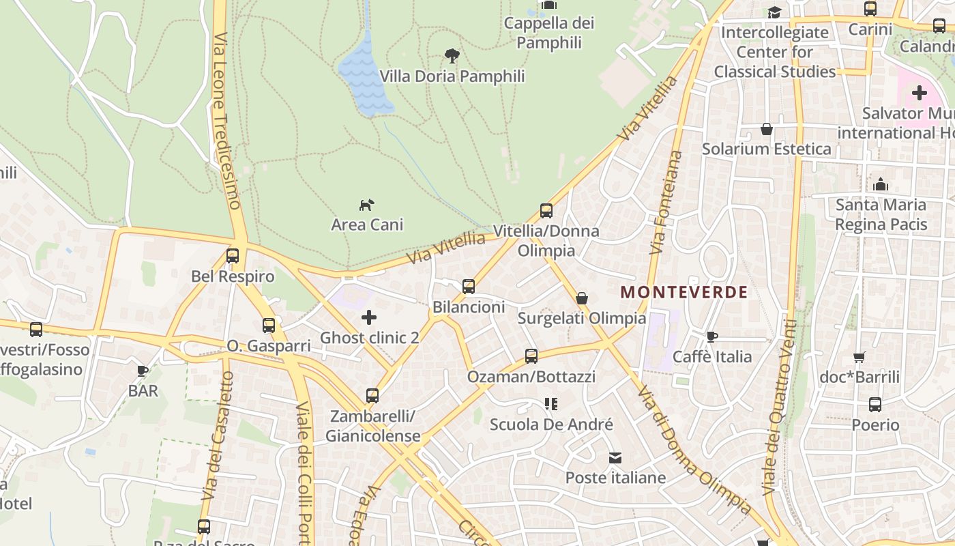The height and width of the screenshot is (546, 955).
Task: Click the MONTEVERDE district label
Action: pyautogui.click(x=684, y=293)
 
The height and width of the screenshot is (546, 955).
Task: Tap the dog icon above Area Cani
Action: pyautogui.click(x=367, y=204)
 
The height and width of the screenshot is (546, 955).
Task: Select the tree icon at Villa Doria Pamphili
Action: pyautogui.click(x=452, y=55)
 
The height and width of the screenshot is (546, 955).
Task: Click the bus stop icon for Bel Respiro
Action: pyautogui.click(x=233, y=256)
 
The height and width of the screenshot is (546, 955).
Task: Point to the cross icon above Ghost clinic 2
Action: pyautogui.click(x=369, y=317)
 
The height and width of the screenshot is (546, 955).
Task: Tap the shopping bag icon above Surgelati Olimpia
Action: pyautogui.click(x=582, y=298)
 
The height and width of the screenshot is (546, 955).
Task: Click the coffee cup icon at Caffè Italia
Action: pyautogui.click(x=712, y=336)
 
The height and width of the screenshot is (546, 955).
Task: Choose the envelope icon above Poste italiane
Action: pyautogui.click(x=615, y=457)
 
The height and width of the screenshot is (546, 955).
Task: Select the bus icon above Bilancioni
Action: pyautogui.click(x=469, y=287)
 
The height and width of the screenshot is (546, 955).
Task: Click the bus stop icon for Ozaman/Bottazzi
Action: pyautogui.click(x=531, y=356)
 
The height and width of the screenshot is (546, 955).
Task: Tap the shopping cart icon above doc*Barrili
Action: pyautogui.click(x=859, y=356)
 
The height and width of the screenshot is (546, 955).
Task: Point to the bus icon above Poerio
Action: pyautogui.click(x=875, y=405)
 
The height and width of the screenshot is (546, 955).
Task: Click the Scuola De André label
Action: pyautogui.click(x=551, y=425)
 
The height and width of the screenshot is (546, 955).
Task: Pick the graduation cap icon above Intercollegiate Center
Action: pyautogui.click(x=774, y=12)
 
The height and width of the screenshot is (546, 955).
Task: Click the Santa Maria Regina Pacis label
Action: pyautogui.click(x=881, y=214)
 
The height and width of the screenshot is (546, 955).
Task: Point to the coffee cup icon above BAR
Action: pyautogui.click(x=143, y=371)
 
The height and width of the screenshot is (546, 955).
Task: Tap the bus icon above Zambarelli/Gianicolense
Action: pyautogui.click(x=372, y=395)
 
